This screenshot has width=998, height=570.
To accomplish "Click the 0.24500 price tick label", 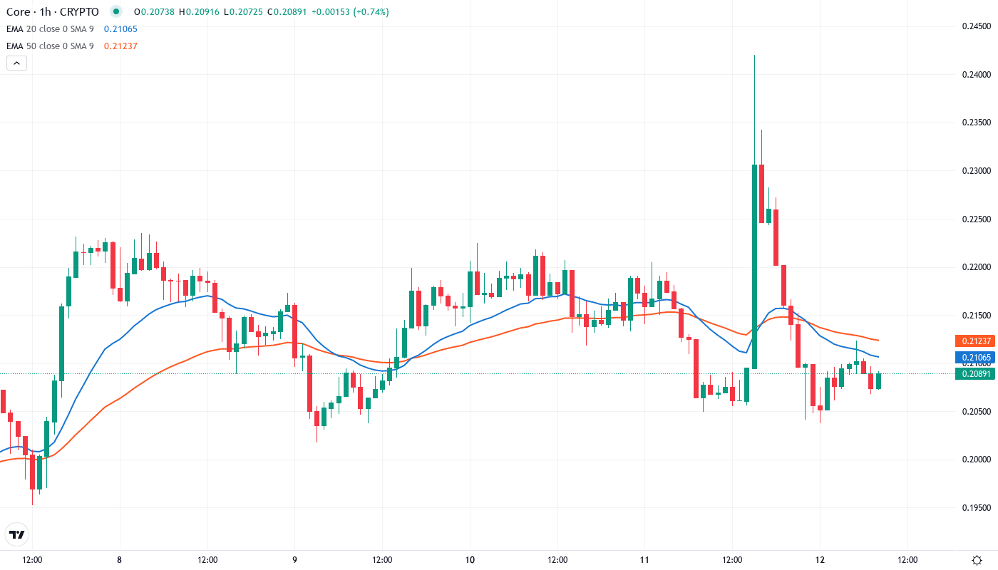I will (x=976, y=26).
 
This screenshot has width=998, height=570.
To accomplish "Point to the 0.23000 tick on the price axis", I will (x=976, y=171).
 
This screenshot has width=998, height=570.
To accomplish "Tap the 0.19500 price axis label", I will (x=976, y=508).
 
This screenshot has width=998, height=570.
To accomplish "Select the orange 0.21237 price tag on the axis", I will (x=974, y=341).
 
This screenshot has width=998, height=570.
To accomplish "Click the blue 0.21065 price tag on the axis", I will (x=974, y=357).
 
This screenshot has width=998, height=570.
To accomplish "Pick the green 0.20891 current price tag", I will (x=974, y=373).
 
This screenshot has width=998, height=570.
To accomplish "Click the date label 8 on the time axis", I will (x=120, y=559).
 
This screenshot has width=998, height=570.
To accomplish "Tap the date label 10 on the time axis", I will (x=470, y=559).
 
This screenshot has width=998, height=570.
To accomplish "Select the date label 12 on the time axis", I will (x=820, y=559).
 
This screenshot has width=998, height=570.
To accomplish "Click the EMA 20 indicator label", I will (x=50, y=29).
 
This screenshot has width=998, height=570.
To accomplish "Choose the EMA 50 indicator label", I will (x=50, y=46).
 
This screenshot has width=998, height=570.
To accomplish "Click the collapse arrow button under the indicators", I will (x=16, y=63).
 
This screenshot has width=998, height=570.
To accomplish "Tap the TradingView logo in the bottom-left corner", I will (x=16, y=534).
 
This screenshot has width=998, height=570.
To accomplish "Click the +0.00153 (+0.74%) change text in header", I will (x=349, y=12).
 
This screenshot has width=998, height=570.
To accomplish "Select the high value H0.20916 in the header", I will (x=200, y=12).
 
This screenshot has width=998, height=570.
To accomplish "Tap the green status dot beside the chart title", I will (x=116, y=12).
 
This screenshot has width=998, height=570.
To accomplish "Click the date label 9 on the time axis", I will (x=294, y=559).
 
